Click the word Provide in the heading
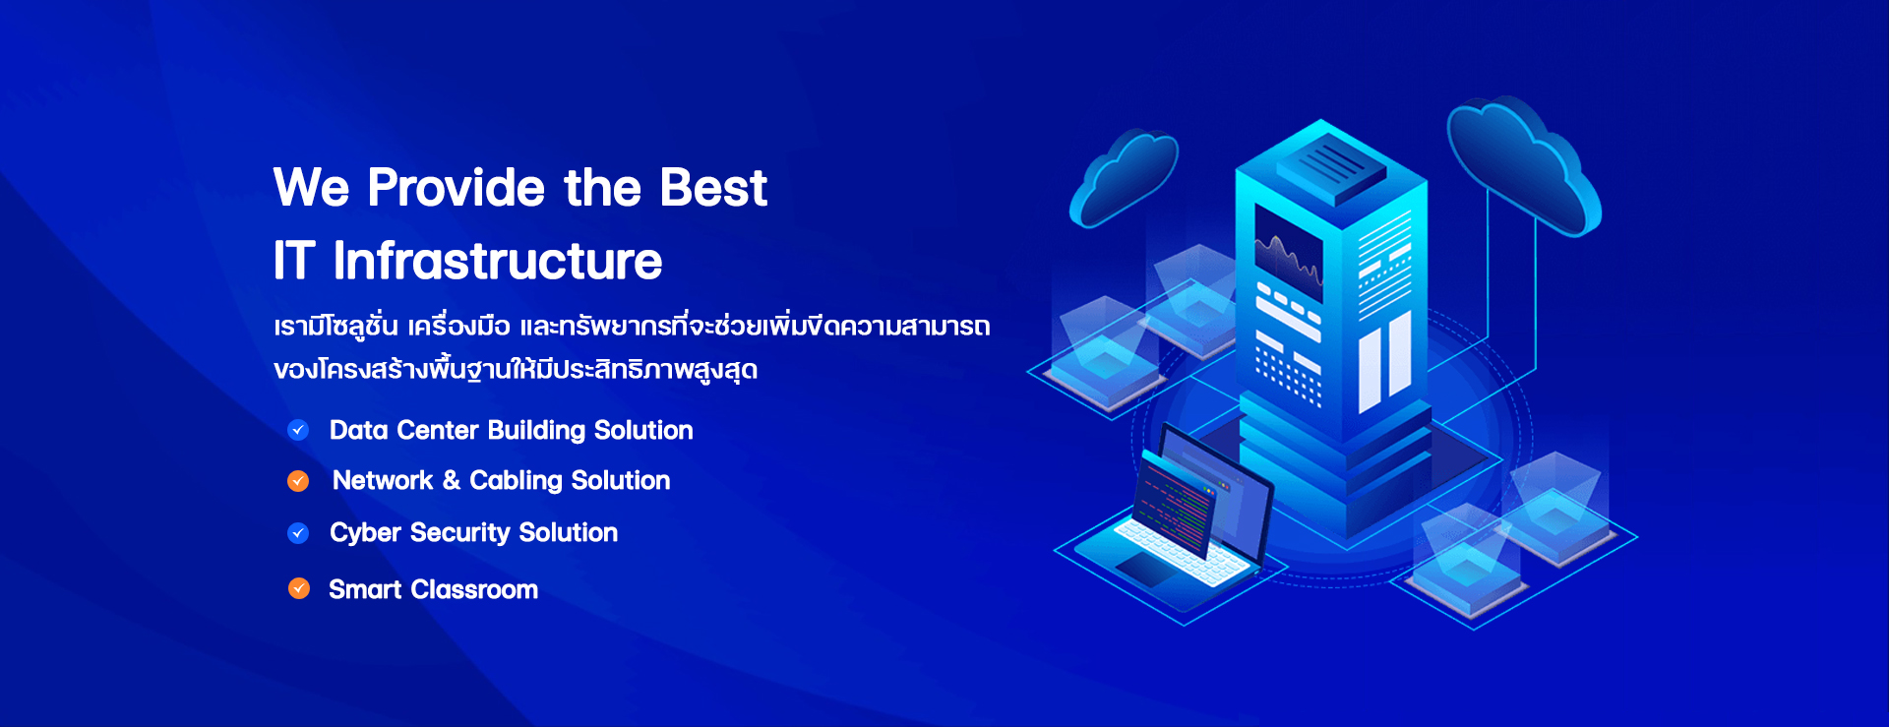(456, 187)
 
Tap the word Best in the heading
(713, 187)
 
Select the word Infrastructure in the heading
(498, 261)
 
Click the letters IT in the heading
(294, 261)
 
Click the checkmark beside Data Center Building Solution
(298, 430)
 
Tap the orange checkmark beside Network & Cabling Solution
(298, 481)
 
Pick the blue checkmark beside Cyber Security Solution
(298, 533)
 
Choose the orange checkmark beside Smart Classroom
(299, 588)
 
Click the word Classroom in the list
(474, 589)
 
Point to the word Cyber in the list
(365, 533)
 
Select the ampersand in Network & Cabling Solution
(452, 480)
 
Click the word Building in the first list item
(536, 430)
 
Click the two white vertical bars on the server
(1384, 361)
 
